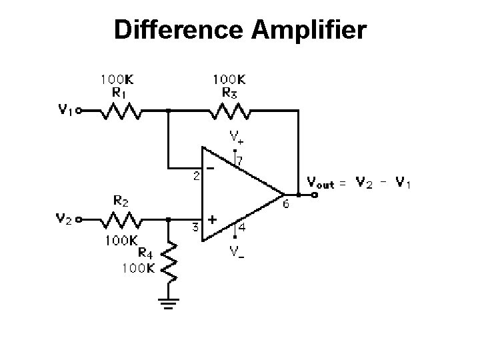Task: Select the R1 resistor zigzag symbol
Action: (x=121, y=111)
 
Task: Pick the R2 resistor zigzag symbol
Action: (x=121, y=218)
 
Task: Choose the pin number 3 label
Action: (x=196, y=227)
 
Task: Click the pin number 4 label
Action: (x=243, y=227)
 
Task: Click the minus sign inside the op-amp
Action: (x=211, y=169)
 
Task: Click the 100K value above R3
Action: (x=229, y=79)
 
